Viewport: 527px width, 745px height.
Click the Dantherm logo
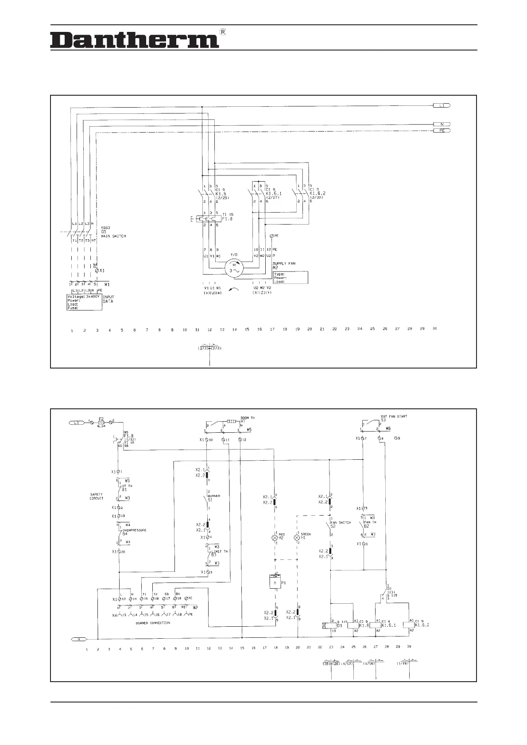pyautogui.click(x=134, y=40)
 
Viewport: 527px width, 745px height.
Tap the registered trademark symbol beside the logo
pyautogui.click(x=223, y=32)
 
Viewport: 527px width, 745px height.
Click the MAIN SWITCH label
pyautogui.click(x=113, y=236)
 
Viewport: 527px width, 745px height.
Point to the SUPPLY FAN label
pyautogui.click(x=284, y=264)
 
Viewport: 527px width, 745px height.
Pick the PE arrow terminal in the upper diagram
pyautogui.click(x=442, y=131)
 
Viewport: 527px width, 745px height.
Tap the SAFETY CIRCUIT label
pyautogui.click(x=97, y=496)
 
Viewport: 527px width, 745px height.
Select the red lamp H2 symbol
pyautogui.click(x=275, y=538)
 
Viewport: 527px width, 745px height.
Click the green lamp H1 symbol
pyautogui.click(x=297, y=538)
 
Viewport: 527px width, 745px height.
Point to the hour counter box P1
pyautogui.click(x=275, y=582)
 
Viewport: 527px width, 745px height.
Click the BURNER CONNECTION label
pyautogui.click(x=153, y=623)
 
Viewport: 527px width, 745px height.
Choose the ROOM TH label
pyautogui.click(x=248, y=418)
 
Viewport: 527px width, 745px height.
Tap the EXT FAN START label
pyautogui.click(x=394, y=416)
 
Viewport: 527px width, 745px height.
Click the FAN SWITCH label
pyautogui.click(x=341, y=523)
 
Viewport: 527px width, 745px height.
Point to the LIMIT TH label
pyautogui.click(x=220, y=551)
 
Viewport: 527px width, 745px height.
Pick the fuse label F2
pyautogui.click(x=101, y=418)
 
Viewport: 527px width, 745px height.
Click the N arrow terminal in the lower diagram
pyautogui.click(x=78, y=639)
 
